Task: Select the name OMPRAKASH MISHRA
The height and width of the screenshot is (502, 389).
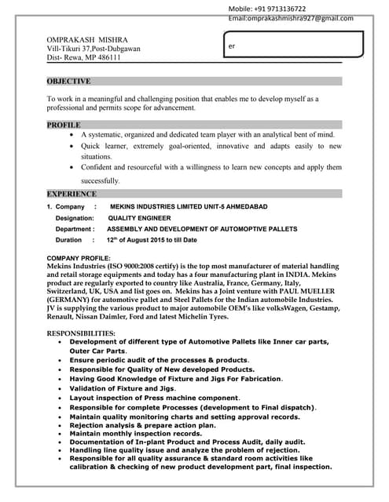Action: [87, 39]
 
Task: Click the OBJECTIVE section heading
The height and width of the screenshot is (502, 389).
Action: [68, 81]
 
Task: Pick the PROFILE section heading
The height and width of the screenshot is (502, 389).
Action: [64, 125]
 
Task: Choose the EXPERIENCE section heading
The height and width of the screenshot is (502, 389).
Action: [72, 194]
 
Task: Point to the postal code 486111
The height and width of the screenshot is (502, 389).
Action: [107, 57]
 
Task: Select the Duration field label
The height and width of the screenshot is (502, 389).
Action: [68, 240]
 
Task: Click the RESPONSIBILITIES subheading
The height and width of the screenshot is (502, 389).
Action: [81, 333]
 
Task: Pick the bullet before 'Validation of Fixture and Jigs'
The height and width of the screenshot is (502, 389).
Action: [61, 388]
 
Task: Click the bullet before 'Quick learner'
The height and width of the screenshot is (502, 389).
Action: [72, 147]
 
